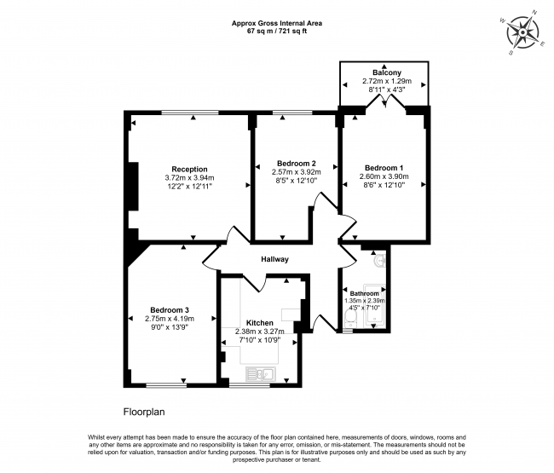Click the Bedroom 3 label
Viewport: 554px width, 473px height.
pyautogui.click(x=170, y=309)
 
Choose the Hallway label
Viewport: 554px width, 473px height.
pyautogui.click(x=274, y=259)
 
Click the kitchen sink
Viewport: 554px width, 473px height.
pyautogui.click(x=257, y=372)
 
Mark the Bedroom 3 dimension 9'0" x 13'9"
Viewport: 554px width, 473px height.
pyautogui.click(x=170, y=326)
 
